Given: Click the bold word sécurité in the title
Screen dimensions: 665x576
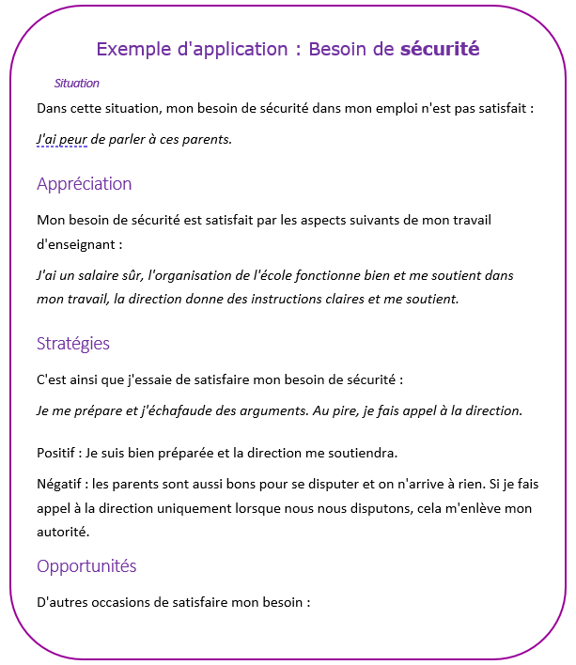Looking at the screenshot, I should [440, 48].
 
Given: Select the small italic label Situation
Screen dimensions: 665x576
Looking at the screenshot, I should [76, 84].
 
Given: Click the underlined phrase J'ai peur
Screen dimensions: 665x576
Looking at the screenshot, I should [61, 139].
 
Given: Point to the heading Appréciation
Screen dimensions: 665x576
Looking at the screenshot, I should [84, 184].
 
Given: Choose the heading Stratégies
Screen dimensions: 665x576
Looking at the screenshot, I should [72, 344].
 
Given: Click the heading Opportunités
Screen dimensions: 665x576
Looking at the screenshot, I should [86, 566].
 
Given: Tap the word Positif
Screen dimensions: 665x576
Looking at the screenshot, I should [57, 453].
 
